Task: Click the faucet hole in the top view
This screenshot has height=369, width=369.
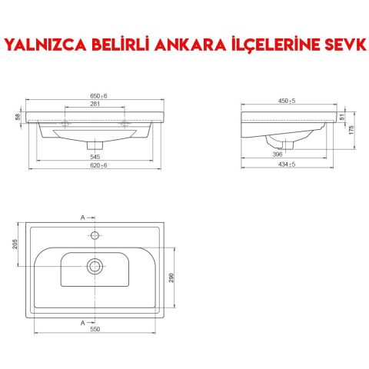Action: point(95,234)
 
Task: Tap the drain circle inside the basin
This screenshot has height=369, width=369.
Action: point(95,266)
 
